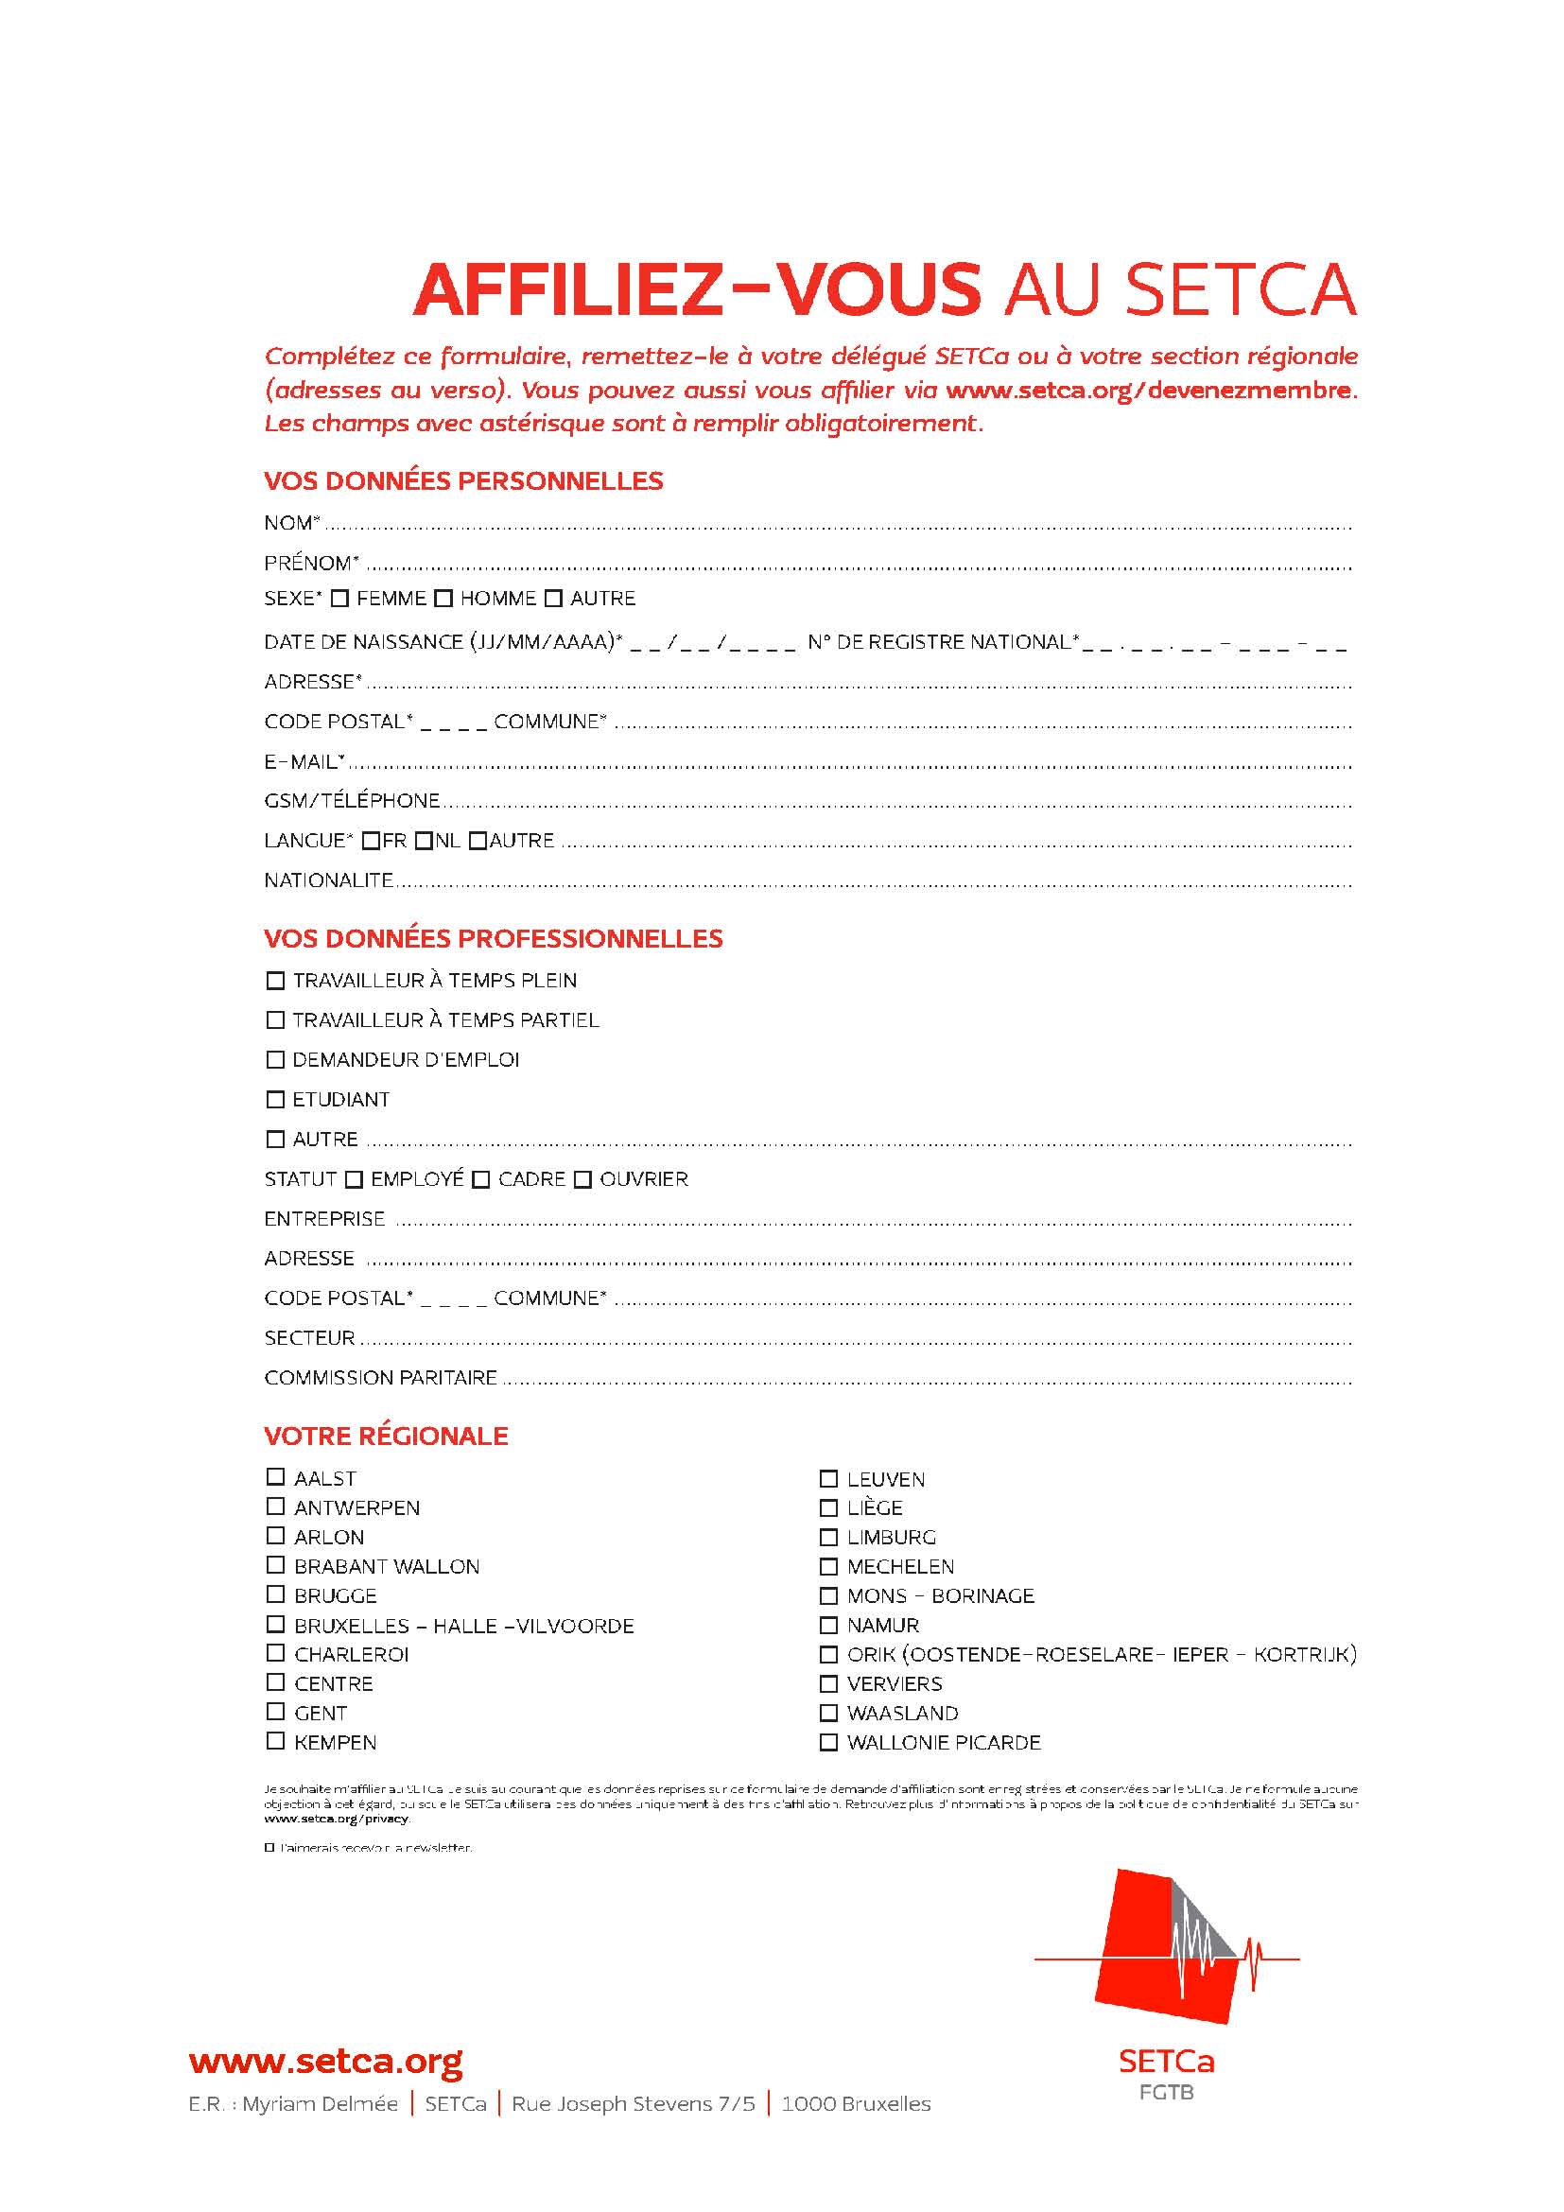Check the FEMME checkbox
point(339,599)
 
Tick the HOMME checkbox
point(443,599)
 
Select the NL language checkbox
point(424,841)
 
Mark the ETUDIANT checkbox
point(275,1099)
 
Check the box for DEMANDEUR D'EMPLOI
point(275,1060)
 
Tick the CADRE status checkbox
point(481,1179)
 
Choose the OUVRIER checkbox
point(582,1179)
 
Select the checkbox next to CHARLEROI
point(275,1653)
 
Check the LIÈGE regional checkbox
point(828,1507)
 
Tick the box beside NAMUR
point(828,1626)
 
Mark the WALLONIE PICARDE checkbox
point(828,1742)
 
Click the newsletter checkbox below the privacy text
point(269,1848)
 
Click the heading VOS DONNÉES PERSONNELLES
point(463,480)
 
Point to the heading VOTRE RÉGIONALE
point(385,1436)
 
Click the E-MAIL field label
point(304,762)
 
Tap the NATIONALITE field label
point(328,880)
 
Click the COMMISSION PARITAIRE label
point(380,1378)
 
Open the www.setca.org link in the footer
point(325,2061)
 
